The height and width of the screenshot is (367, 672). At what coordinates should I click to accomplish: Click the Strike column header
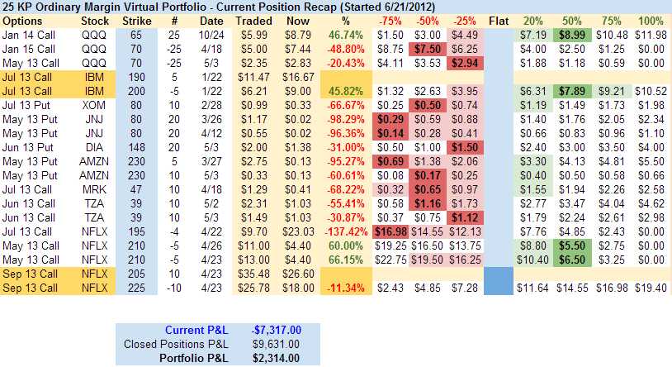point(136,20)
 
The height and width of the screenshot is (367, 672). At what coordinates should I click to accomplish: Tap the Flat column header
point(499,20)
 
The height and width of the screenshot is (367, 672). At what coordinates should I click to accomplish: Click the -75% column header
point(390,20)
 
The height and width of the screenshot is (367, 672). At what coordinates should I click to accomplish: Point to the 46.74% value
point(346,34)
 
